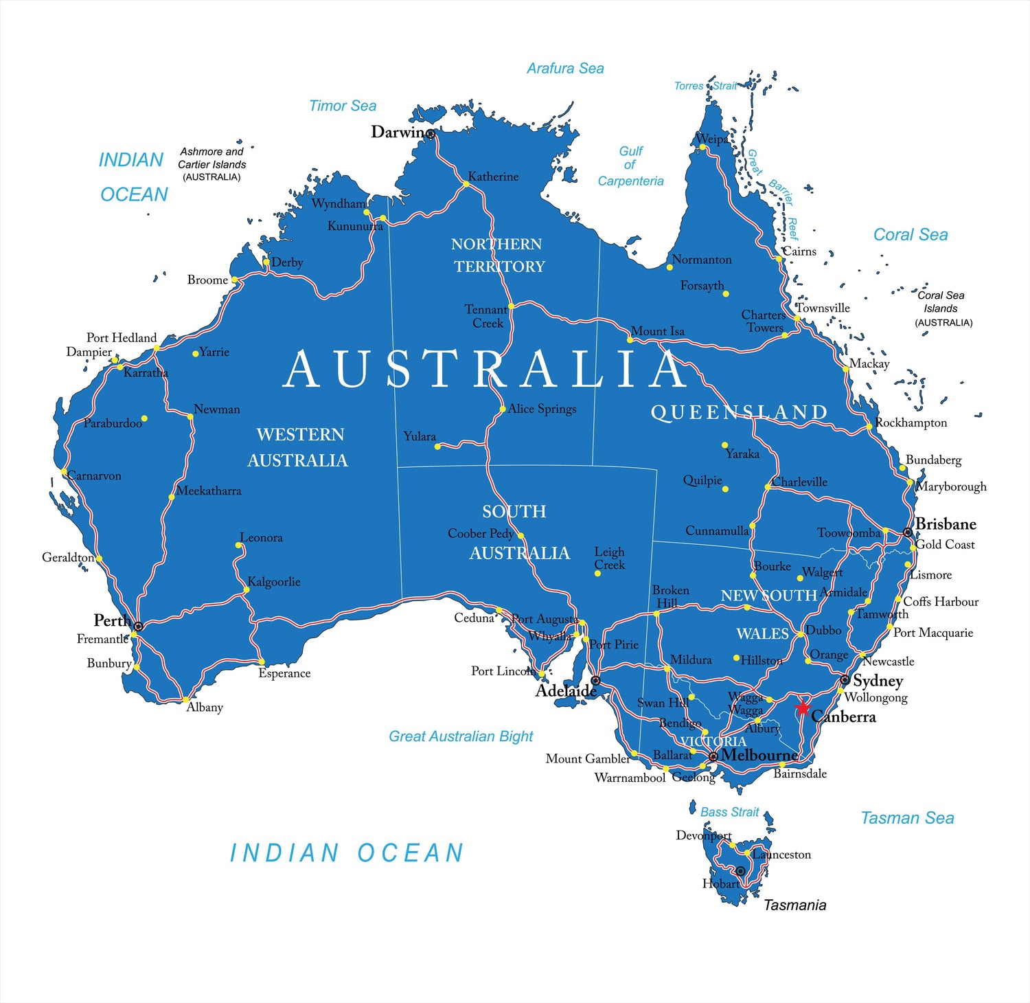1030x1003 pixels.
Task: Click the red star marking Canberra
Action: click(x=802, y=707)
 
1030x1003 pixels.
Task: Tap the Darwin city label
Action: click(x=398, y=132)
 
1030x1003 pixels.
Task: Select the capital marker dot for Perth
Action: click(x=138, y=626)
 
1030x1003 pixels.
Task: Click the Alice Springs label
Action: click(x=542, y=409)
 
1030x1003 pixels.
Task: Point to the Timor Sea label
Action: click(x=343, y=106)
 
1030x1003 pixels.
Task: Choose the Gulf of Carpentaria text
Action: click(x=630, y=166)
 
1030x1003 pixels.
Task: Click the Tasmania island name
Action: click(x=794, y=905)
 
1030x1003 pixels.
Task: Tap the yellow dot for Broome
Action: click(x=234, y=280)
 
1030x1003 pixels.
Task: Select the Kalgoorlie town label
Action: click(x=273, y=582)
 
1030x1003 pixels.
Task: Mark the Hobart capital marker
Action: click(x=740, y=871)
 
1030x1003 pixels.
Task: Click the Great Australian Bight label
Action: click(x=461, y=736)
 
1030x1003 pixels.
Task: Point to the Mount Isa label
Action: click(x=657, y=331)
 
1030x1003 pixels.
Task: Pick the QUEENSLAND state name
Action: click(x=739, y=412)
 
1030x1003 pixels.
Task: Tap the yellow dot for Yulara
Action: click(x=437, y=447)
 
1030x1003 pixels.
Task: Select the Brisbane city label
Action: click(x=946, y=524)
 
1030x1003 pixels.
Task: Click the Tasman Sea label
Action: click(x=907, y=818)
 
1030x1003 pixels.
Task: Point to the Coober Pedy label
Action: click(x=481, y=533)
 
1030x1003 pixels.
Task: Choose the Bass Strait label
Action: click(x=729, y=812)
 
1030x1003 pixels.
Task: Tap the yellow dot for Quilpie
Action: click(x=725, y=489)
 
